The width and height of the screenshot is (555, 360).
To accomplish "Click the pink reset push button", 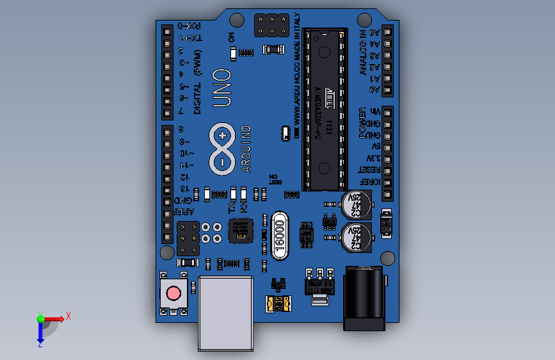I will pyautogui.click(x=173, y=293).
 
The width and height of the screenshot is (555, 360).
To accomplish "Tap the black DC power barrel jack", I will pyautogui.click(x=364, y=299).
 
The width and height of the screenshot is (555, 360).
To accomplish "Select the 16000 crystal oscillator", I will pyautogui.click(x=280, y=235).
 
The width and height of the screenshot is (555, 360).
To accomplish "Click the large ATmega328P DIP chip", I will pyautogui.click(x=326, y=110).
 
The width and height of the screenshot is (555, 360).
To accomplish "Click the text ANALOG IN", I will pyautogui.click(x=363, y=54).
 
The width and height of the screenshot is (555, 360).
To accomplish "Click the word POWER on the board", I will pyautogui.click(x=362, y=123).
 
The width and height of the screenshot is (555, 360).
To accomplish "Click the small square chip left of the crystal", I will pyautogui.click(x=240, y=231).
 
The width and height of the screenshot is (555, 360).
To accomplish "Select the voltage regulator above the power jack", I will pyautogui.click(x=318, y=282).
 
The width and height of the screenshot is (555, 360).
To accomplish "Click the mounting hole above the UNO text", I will pyautogui.click(x=235, y=20).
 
